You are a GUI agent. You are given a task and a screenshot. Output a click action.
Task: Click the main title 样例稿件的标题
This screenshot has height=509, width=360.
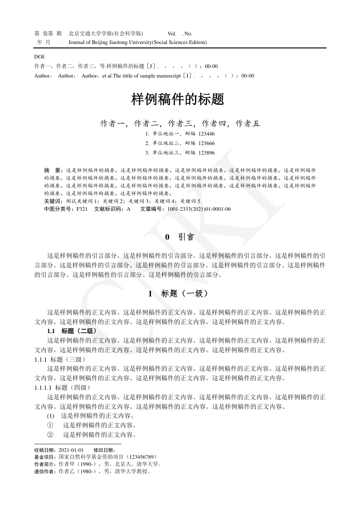[178, 99]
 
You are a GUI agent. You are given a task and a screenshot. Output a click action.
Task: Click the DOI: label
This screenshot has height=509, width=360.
[40, 57]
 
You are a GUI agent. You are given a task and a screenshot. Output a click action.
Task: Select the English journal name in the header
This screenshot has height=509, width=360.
[137, 42]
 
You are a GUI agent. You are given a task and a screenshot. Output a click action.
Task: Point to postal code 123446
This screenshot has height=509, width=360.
[207, 134]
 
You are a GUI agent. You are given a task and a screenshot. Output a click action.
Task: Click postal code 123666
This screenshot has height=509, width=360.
[207, 143]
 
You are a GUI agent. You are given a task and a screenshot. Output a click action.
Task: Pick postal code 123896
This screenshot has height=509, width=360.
[207, 153]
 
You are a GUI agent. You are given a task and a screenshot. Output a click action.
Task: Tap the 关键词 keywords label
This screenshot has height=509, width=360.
[54, 200]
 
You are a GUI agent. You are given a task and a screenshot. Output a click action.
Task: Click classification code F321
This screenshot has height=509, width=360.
[82, 209]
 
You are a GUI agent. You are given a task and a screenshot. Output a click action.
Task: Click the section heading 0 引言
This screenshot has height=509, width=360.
[180, 237]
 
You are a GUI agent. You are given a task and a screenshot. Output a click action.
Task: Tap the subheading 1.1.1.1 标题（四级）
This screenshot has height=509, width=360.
[63, 387]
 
